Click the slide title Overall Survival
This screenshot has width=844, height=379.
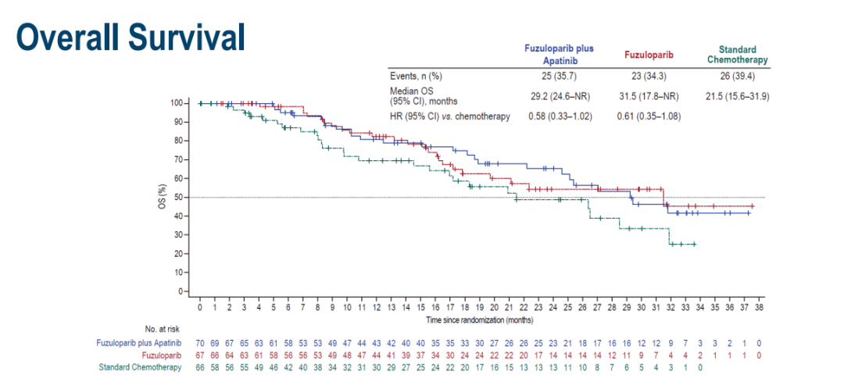(131, 36)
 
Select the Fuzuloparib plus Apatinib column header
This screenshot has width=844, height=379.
(558, 54)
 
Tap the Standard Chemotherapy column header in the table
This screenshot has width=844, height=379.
(737, 54)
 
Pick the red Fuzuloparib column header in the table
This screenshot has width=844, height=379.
(650, 55)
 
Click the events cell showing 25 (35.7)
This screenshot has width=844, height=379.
(558, 76)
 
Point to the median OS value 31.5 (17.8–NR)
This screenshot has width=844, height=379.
(650, 95)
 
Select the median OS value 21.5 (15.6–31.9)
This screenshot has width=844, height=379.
(737, 95)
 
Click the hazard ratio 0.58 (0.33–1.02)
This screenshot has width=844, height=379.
(558, 116)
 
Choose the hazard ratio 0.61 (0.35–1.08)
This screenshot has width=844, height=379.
(650, 116)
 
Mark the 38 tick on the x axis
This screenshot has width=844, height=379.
(758, 309)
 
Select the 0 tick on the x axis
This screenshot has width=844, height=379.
(200, 309)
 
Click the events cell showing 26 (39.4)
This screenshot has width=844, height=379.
(737, 76)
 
